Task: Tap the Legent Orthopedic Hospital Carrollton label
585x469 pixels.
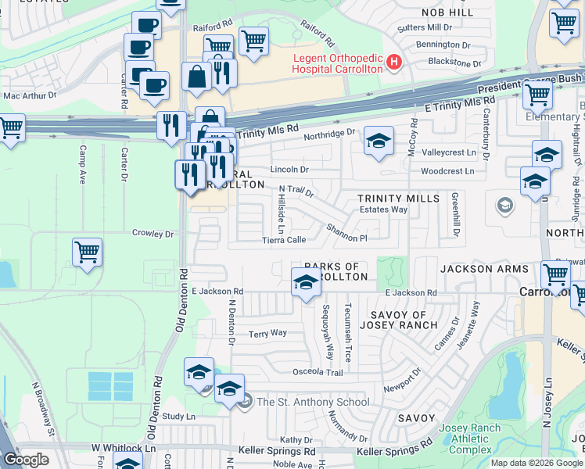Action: pos(338,63)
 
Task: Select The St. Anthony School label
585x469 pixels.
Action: pos(313,402)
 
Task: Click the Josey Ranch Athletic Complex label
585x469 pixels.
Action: pos(465,439)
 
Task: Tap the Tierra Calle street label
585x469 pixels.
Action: pos(284,240)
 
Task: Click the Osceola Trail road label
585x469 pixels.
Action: pos(318,372)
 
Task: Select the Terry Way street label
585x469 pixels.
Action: pos(267,333)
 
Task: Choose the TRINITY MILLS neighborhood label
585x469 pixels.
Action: pos(399,199)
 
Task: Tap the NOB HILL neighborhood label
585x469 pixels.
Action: pos(447,13)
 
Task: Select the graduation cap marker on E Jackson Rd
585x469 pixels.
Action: pos(306,282)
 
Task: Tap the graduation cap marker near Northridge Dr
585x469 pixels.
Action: pos(379,141)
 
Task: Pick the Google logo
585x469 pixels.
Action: pos(26,460)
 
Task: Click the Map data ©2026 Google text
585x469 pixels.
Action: pos(536,463)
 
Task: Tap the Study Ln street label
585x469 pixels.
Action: pos(179,417)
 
